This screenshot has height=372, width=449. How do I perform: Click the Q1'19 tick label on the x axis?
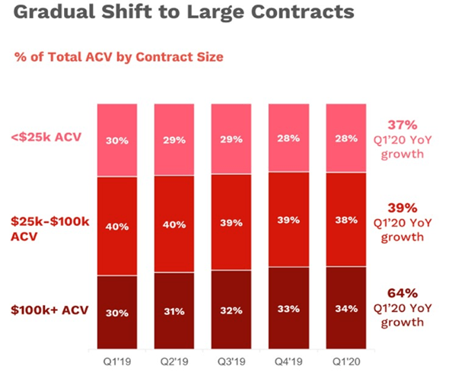(117, 361)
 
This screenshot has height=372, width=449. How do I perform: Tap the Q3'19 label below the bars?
(231, 361)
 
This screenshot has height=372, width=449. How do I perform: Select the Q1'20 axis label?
(346, 361)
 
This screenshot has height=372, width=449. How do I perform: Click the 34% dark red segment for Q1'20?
(346, 308)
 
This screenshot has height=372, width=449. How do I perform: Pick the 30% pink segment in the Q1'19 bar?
(117, 141)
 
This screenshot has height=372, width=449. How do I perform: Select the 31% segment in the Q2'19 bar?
(174, 311)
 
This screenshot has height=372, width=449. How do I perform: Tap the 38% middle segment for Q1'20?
(346, 220)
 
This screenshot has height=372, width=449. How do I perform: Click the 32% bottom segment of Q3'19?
(231, 310)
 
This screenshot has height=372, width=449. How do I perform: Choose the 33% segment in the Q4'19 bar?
(288, 308)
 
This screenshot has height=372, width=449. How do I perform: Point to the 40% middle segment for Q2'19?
(174, 224)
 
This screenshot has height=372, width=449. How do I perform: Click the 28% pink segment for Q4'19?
(288, 138)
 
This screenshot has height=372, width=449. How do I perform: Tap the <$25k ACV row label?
(46, 137)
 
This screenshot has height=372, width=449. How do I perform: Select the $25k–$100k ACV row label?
(49, 229)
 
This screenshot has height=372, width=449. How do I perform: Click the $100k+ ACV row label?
(49, 310)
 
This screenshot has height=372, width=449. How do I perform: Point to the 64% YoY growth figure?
(403, 293)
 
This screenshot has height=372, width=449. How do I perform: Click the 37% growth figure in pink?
(403, 125)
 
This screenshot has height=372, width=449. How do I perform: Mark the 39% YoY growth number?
(403, 208)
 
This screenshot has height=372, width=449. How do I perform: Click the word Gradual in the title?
(54, 12)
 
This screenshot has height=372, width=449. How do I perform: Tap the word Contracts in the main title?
(303, 12)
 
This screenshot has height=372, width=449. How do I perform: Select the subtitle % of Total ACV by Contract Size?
(119, 56)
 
